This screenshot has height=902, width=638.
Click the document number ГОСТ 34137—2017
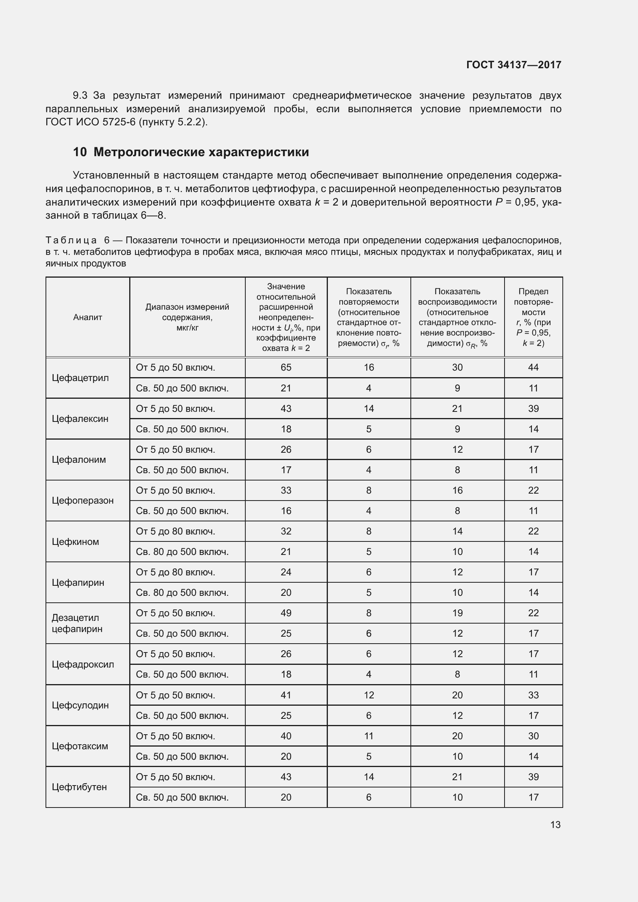[513, 65]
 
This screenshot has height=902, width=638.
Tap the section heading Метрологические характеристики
[201, 152]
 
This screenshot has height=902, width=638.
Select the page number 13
[555, 824]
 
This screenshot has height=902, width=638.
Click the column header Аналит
[87, 317]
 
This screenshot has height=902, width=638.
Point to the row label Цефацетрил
[80, 378]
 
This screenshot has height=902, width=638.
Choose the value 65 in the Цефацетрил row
[285, 368]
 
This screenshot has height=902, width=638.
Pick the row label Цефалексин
[80, 419]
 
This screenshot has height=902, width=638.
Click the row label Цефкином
[75, 542]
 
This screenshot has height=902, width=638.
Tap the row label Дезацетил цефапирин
[77, 624]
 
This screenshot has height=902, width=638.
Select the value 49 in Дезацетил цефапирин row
[285, 613]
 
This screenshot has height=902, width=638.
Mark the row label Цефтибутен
[79, 787]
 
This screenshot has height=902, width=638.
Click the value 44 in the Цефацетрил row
[533, 368]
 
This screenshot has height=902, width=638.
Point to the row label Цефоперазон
[83, 501]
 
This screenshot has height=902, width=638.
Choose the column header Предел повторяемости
[533, 317]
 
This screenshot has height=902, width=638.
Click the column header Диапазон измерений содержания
[187, 317]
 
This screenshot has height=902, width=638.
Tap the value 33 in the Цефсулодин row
[533, 695]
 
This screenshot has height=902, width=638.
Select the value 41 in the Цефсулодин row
[285, 695]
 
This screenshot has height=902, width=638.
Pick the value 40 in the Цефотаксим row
[285, 736]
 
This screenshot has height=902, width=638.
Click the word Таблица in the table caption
[71, 240]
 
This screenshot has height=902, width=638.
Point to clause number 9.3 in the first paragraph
[80, 96]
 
